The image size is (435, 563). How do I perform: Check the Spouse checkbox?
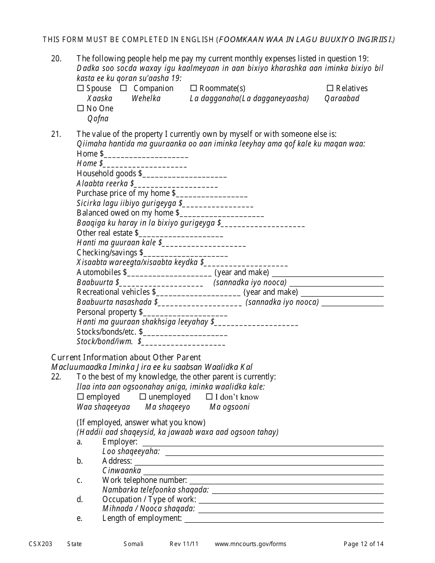[81, 88]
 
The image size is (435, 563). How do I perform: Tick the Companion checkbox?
[124, 88]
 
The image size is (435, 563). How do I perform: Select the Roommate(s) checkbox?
[193, 88]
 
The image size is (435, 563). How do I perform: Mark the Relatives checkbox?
[330, 88]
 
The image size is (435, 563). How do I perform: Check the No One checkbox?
[81, 108]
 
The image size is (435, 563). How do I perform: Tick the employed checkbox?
[81, 397]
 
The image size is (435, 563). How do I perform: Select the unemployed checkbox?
[143, 397]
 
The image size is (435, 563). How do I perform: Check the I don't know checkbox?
[209, 397]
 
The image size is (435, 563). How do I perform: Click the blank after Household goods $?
[185, 174]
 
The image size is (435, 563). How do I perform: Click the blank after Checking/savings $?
[185, 254]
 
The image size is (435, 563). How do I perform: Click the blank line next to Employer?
[262, 443]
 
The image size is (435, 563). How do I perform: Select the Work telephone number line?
[286, 481]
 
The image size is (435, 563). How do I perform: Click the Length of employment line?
[283, 519]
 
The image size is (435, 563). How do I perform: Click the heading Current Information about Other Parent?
[126, 357]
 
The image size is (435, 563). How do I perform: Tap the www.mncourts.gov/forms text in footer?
[250, 544]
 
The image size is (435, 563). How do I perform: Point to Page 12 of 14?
[364, 544]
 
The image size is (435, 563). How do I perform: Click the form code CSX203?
[40, 544]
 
